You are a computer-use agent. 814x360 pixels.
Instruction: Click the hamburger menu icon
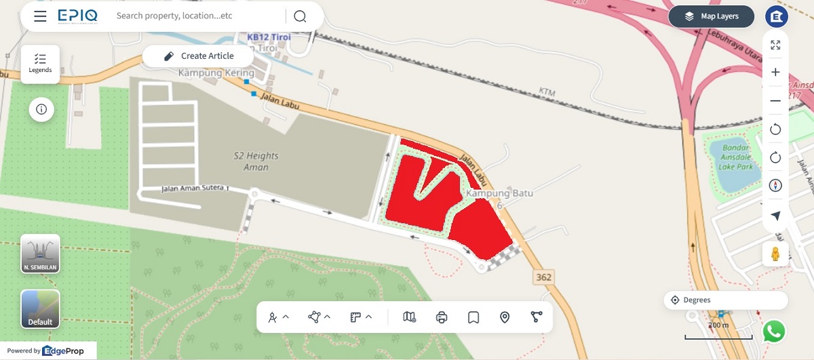pos(40,16)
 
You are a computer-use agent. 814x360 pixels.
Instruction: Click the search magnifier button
pos(300,16)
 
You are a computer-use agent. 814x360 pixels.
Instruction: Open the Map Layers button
pos(711,16)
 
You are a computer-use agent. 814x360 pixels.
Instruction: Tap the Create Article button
pos(199,56)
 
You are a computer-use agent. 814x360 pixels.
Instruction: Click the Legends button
pos(40,64)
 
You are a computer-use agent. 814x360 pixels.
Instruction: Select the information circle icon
pos(41,109)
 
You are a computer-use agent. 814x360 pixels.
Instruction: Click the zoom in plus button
pos(775,73)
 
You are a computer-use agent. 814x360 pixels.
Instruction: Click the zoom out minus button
pos(775,101)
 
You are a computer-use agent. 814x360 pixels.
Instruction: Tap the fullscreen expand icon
pos(775,45)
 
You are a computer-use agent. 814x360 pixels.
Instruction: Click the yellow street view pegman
pos(775,254)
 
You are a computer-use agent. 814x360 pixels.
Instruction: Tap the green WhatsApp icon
pos(774,332)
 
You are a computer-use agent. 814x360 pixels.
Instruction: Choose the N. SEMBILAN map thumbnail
pos(40,254)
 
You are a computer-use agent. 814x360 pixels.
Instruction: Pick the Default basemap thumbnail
pos(40,308)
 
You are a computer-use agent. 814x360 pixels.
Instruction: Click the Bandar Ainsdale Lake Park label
pos(736,157)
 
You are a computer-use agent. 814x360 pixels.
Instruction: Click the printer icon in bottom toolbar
pos(442,317)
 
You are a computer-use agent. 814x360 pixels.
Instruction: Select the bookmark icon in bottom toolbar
pos(473,317)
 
